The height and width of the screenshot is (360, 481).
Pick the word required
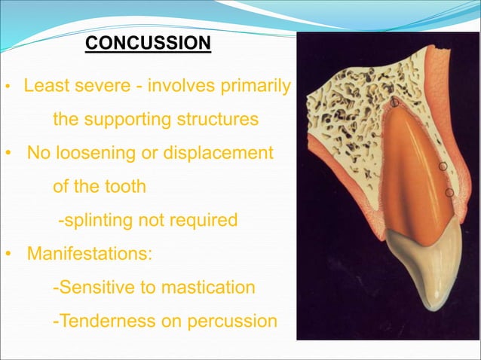(x=201, y=220)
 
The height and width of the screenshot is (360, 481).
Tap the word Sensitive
(x=97, y=288)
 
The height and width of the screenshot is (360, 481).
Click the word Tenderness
(x=105, y=321)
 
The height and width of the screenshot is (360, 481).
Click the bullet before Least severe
(x=8, y=87)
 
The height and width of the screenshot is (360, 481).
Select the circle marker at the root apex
(x=394, y=101)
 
